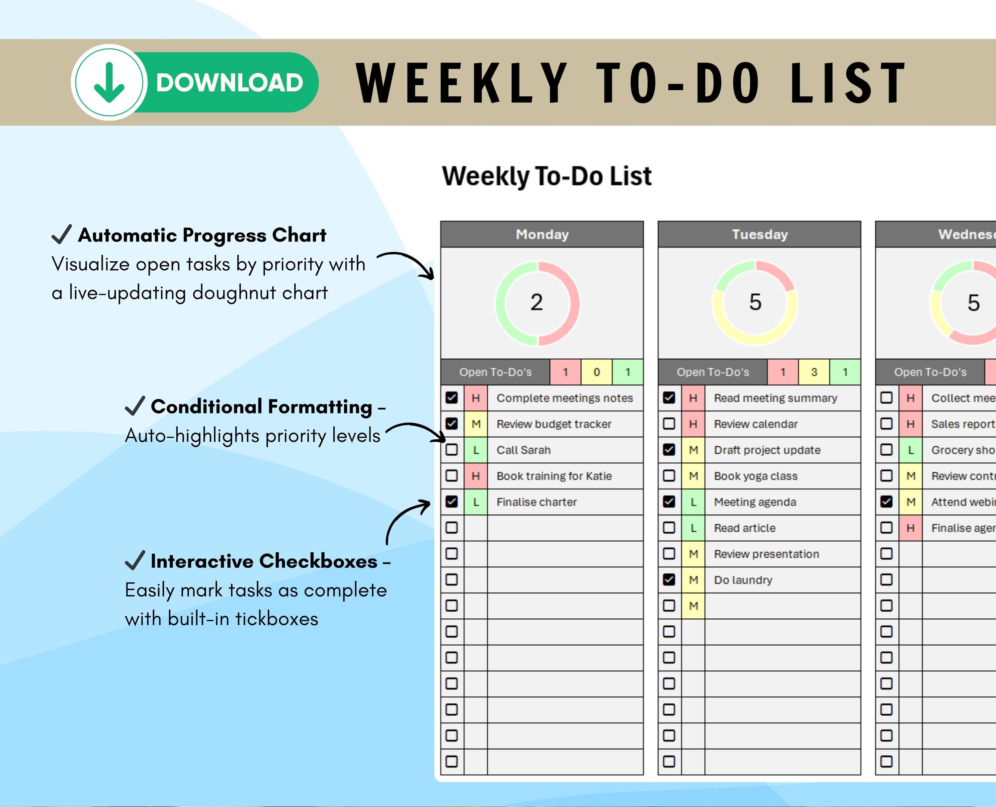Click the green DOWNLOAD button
click(229, 83)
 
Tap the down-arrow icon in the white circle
click(109, 82)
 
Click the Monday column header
click(542, 234)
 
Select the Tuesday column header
click(759, 234)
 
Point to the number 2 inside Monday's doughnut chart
click(537, 303)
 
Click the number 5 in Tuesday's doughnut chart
click(755, 302)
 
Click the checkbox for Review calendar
click(669, 423)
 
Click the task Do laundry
click(743, 580)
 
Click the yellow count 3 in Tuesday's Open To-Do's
click(814, 372)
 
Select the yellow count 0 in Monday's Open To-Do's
click(596, 372)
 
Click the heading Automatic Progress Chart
click(202, 235)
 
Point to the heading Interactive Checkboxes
click(264, 561)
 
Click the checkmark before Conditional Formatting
click(135, 406)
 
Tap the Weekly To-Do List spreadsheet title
click(546, 176)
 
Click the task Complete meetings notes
click(564, 398)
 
